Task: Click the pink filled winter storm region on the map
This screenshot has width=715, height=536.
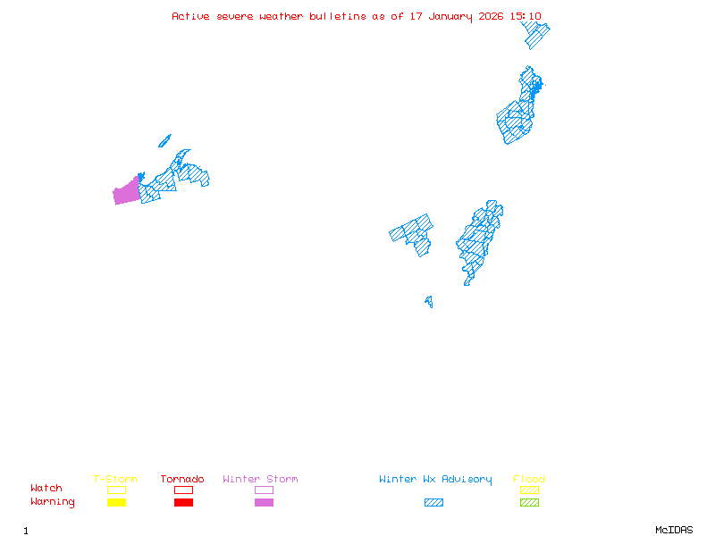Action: [x=126, y=191]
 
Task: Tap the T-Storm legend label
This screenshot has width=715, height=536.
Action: [x=115, y=480]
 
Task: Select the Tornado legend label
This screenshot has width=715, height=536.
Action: [x=182, y=480]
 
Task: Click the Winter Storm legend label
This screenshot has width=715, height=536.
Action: [x=260, y=480]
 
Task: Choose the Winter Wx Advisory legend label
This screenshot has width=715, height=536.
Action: [x=435, y=480]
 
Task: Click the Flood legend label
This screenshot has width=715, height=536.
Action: [x=529, y=480]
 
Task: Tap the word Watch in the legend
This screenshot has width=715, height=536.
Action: [x=46, y=489]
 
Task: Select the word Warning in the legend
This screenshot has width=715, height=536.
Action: [x=53, y=502]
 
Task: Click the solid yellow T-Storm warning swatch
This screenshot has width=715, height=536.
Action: [x=116, y=503]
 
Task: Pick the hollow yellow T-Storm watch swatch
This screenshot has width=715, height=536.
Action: [x=116, y=490]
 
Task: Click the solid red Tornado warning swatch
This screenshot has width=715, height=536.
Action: [x=183, y=503]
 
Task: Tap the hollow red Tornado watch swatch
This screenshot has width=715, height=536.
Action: [x=183, y=490]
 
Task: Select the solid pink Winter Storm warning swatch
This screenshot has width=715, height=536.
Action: [x=264, y=503]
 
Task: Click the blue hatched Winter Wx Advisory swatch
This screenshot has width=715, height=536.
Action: [x=433, y=503]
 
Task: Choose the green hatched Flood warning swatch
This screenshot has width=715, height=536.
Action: [x=529, y=503]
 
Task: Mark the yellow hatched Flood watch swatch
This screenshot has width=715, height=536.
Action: [x=529, y=490]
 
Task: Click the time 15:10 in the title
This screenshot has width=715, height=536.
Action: [x=526, y=16]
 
